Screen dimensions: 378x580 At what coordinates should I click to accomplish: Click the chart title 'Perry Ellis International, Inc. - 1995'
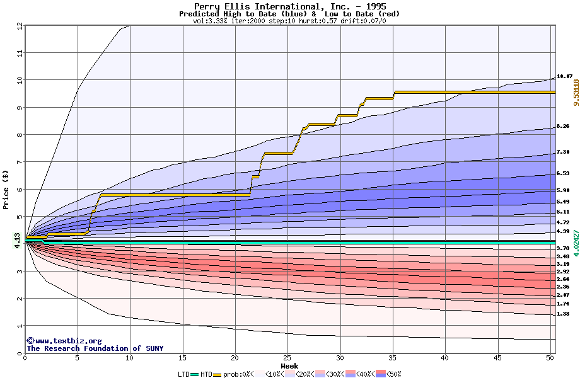[289, 6]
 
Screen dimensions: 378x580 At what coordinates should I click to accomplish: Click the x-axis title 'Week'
[289, 365]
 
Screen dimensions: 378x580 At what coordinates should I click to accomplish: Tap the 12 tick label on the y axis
[20, 26]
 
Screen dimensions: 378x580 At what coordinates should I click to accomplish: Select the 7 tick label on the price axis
[20, 162]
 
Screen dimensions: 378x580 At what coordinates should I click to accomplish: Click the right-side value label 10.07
[564, 76]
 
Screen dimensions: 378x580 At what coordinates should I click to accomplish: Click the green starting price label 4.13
[17, 241]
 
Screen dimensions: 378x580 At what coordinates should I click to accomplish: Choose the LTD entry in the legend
[183, 374]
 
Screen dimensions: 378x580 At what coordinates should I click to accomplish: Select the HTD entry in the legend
[206, 374]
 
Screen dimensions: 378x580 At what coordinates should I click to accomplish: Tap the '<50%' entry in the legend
[391, 374]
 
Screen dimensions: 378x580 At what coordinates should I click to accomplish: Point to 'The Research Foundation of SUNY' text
[95, 348]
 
